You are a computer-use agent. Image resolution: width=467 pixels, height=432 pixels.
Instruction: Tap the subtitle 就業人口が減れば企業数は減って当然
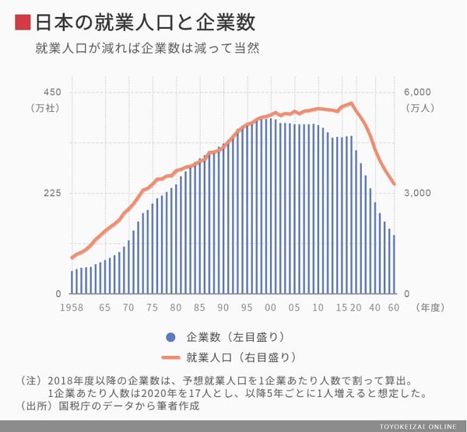[x=147, y=47]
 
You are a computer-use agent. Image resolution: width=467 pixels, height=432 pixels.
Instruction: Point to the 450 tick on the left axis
[x=51, y=92]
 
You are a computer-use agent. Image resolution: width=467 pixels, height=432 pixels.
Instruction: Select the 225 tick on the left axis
[x=51, y=193]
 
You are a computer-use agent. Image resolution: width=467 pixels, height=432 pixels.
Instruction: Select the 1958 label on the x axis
[x=72, y=307]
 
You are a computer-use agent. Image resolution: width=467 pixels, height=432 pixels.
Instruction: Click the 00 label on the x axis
[x=270, y=307]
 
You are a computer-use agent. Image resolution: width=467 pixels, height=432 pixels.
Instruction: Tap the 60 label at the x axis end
[x=395, y=307]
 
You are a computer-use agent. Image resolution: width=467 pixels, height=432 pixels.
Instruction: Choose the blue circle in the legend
[x=170, y=337]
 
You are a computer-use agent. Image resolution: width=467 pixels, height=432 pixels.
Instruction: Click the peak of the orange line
[x=352, y=103]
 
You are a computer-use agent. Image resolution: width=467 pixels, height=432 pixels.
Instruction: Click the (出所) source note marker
[x=31, y=406]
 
